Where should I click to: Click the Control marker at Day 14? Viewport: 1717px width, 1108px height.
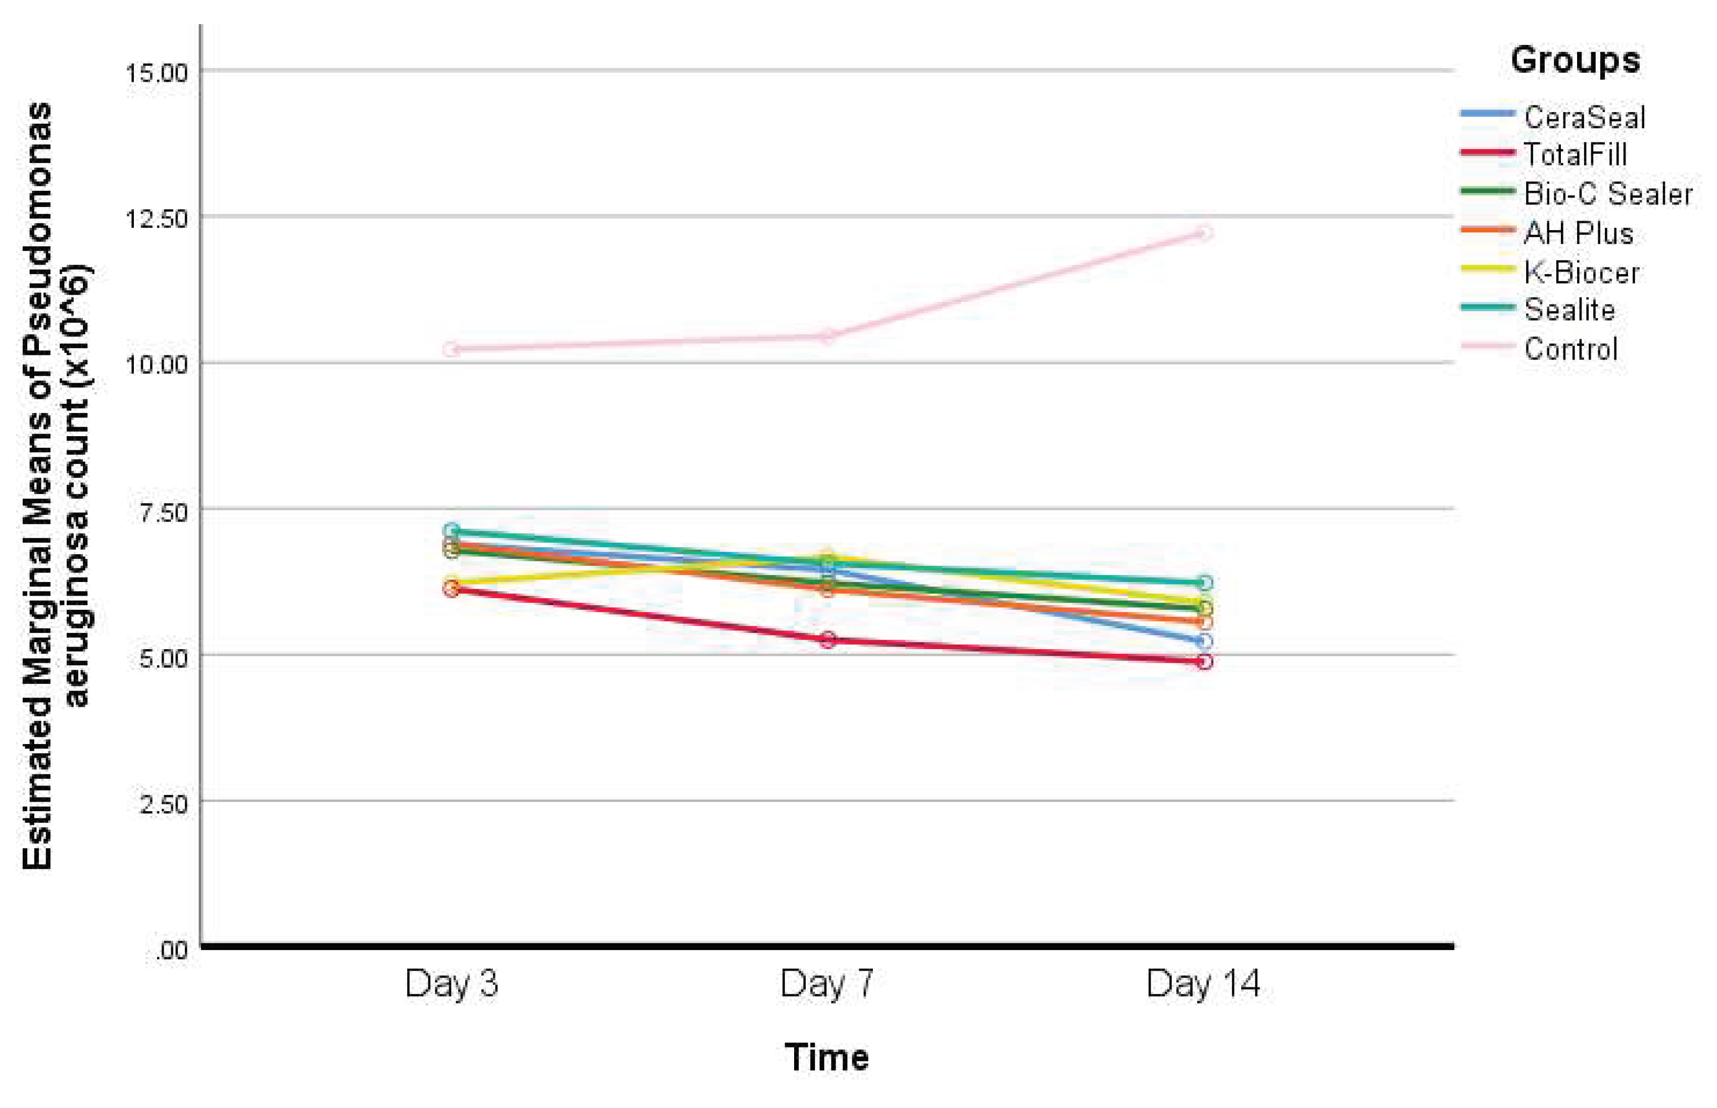1204,233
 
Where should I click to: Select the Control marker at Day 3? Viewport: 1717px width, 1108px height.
452,350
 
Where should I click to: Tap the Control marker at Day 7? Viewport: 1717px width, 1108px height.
827,335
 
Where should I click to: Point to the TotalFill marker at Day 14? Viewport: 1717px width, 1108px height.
1204,661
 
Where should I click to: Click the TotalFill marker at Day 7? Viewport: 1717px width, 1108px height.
827,640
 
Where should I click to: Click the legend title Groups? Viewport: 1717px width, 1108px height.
1575,60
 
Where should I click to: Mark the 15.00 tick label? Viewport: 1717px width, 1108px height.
157,73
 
